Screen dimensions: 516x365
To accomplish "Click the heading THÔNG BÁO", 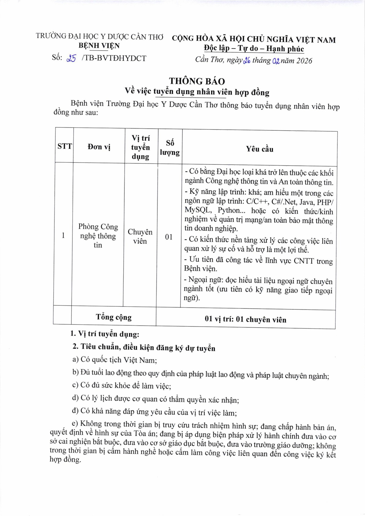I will pos(197,81).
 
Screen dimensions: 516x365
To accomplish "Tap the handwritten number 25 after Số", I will pos(71,58).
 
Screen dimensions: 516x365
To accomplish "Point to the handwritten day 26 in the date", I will pos(246,60).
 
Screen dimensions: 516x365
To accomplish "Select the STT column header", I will pos(64,146).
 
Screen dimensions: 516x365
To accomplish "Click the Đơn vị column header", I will pos(99,147).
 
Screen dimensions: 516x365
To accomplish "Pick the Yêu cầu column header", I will pos(259,149).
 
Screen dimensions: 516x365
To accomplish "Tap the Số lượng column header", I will pos(170,147).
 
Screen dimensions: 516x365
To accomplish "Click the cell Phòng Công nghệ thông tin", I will pos(98,236).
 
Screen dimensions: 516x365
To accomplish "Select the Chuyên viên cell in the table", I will pos(140,236).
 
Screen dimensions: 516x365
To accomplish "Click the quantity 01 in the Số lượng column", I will pos(169,237).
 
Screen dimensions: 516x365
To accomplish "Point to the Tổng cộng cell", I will pos(114,317).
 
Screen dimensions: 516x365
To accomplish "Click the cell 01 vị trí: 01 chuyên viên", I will pos(245,319).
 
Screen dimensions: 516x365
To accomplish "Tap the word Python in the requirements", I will pos(229,210).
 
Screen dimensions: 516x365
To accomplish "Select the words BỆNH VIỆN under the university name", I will pos(99,46).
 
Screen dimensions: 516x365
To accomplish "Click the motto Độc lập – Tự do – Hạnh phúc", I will pos(254,49).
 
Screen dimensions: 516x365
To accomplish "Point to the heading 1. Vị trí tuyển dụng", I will pos(105,334).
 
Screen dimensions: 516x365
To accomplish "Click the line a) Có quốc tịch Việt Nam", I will pos(115,360).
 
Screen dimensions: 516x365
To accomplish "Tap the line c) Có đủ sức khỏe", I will pos(122,386).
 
